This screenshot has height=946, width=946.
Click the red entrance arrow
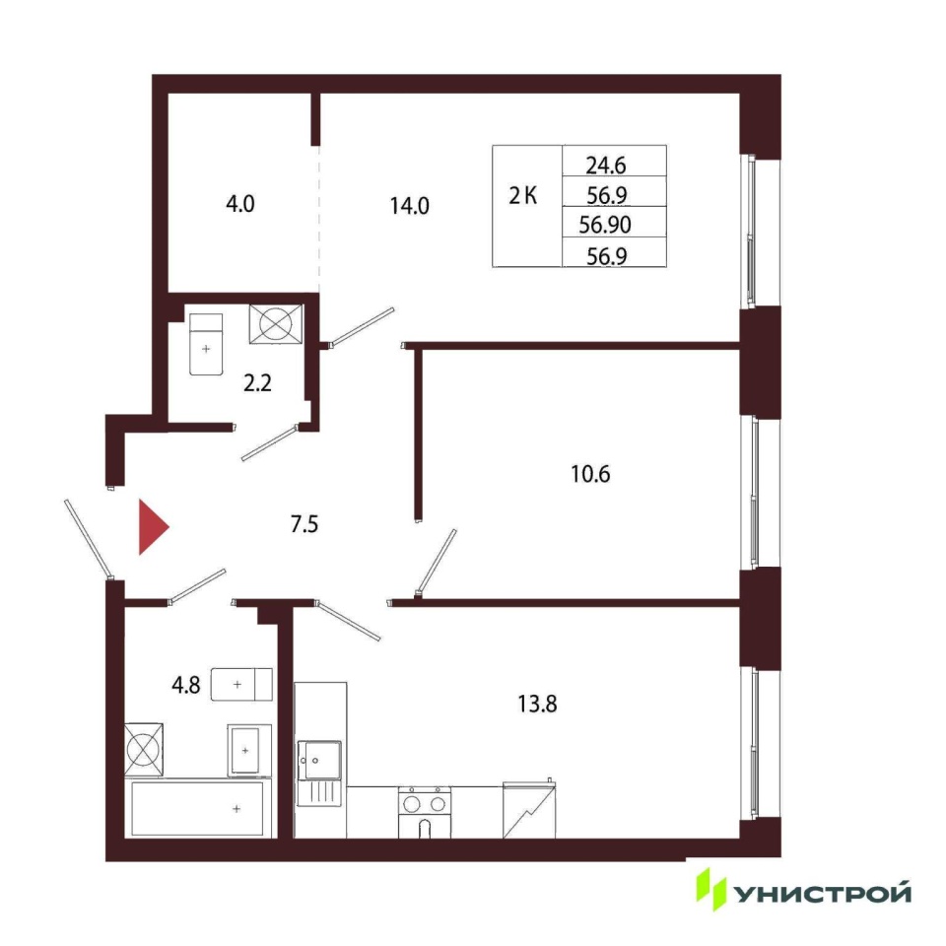(154, 526)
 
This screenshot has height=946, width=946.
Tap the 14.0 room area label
(409, 206)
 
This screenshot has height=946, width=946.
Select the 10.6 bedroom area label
(590, 474)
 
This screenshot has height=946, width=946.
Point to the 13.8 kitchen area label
(537, 704)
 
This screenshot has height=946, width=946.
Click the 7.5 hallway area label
(304, 524)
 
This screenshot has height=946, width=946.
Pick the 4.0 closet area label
(240, 204)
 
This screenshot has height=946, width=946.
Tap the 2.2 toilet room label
(257, 383)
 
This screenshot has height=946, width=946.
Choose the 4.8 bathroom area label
(186, 686)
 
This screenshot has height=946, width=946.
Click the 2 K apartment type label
(522, 196)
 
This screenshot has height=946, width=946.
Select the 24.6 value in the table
(606, 166)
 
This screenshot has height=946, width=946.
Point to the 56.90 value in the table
(604, 225)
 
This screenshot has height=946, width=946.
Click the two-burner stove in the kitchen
(424, 812)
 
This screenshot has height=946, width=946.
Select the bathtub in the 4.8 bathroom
(198, 808)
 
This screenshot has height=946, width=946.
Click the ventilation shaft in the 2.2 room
(276, 324)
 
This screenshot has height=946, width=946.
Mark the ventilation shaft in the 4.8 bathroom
(144, 749)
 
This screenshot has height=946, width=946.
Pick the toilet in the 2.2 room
(206, 344)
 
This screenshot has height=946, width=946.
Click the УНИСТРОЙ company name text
(823, 893)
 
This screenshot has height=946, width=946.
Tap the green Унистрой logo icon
(710, 889)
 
